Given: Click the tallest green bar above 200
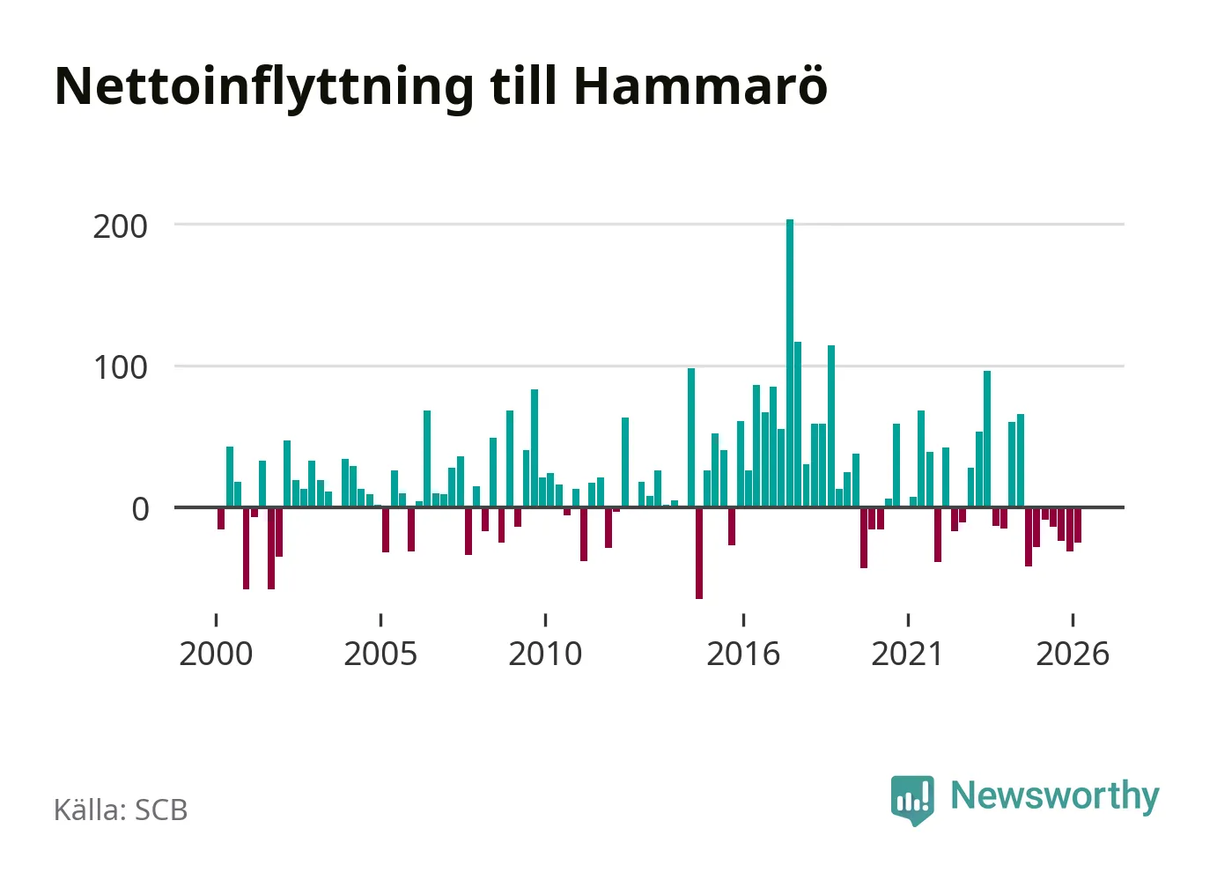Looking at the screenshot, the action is coord(789,363).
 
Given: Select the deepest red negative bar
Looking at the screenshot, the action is coord(699,553).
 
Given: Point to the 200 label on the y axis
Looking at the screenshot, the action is coord(120,227).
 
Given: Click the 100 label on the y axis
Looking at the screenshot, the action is coord(121,368).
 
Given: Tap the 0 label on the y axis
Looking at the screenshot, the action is coord(140,510).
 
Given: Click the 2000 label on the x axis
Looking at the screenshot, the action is coord(216,654).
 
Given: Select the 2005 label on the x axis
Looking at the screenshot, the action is coord(380,654).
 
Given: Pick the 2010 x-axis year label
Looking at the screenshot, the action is coord(545,654).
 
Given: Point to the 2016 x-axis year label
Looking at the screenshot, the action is coord(743,654).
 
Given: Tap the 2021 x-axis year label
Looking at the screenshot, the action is coord(907,654).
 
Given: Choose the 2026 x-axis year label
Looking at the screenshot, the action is coord(1073,654).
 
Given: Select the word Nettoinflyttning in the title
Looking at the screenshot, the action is coord(264,89).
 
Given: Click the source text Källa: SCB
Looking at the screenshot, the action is coord(121,810).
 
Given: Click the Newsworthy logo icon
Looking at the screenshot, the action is coord(912,800).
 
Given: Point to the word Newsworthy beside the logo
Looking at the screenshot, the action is coord(1055,797).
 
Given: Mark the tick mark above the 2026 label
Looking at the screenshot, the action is coord(1073,620).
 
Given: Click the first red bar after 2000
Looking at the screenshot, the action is coord(221,519).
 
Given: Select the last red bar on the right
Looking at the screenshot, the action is coord(1078,525).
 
